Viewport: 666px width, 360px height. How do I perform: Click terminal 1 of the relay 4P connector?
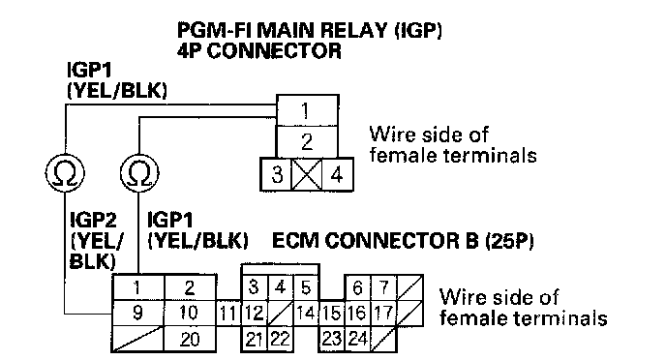308,110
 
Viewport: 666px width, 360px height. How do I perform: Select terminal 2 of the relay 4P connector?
308,142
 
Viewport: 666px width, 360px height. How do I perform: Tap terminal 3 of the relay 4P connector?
277,174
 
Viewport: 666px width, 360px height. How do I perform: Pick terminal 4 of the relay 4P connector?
337,174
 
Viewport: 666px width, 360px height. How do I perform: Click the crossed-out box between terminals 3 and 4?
307,174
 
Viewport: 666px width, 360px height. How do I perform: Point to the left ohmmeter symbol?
65,173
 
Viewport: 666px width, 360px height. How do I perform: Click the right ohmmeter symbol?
139,173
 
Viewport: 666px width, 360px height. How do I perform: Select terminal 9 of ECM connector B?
137,314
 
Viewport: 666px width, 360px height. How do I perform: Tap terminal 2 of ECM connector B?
190,287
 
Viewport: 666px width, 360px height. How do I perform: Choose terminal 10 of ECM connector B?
190,314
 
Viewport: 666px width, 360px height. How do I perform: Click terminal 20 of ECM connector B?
190,340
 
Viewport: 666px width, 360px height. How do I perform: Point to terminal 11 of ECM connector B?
228,314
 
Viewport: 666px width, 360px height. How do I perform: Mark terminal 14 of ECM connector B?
306,314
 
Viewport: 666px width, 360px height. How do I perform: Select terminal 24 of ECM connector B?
357,340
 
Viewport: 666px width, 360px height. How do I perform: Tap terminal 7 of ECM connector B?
383,287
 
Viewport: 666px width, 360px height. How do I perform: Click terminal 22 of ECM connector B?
281,340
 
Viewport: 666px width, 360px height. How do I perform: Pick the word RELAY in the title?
353,31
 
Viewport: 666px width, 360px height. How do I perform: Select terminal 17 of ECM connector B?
383,314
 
